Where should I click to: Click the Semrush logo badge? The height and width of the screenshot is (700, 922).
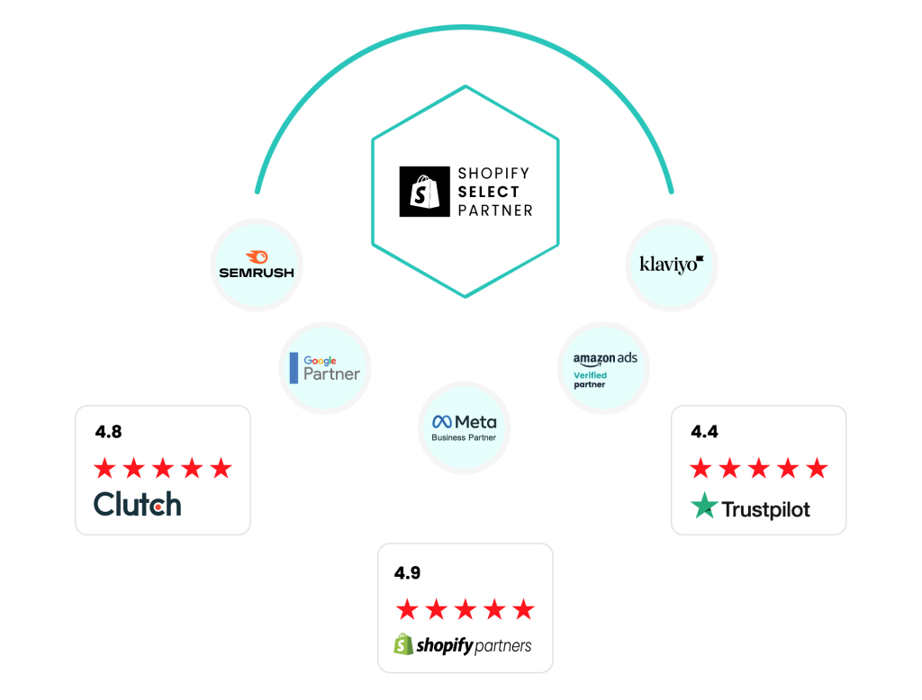click(257, 265)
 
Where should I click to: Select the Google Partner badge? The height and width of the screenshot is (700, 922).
click(325, 368)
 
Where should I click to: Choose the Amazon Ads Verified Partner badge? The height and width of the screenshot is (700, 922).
click(603, 368)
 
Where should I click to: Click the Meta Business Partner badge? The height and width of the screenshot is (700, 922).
click(464, 428)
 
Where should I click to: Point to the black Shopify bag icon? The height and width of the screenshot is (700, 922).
click(425, 192)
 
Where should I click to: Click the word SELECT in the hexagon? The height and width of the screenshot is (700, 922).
click(489, 193)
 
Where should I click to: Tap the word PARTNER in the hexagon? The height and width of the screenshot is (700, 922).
click(495, 211)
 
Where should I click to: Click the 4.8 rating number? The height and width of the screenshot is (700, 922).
click(108, 432)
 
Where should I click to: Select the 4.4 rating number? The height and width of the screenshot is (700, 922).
click(704, 432)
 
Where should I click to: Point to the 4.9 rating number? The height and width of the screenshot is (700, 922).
click(408, 573)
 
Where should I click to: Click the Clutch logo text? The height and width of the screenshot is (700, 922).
click(138, 505)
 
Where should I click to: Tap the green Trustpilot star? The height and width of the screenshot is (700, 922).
click(704, 506)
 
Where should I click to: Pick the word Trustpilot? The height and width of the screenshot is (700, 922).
click(765, 509)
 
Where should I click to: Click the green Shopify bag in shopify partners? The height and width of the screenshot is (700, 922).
click(403, 644)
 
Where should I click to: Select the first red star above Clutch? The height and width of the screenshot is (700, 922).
click(104, 469)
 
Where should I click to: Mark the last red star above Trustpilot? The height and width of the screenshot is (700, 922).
click(817, 469)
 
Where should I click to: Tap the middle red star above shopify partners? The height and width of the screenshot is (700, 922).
click(466, 609)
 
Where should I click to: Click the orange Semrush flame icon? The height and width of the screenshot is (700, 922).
click(257, 256)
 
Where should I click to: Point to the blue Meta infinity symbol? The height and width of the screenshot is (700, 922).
click(441, 422)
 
